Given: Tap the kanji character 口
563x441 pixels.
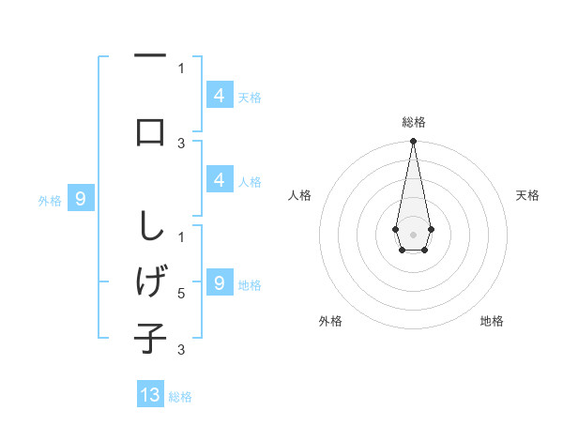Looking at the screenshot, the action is pos(150,130).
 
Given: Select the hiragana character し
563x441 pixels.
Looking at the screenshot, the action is pos(150,226).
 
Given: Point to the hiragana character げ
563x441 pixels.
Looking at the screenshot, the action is pos(150,281).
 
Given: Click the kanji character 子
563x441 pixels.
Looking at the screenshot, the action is pos(150,336).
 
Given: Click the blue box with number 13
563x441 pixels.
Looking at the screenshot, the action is pos(150,395).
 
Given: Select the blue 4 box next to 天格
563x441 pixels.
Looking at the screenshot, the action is pos(219,95).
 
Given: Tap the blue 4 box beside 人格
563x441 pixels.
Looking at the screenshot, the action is pos(219,180).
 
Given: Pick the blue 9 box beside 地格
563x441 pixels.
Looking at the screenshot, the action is pos(219,283).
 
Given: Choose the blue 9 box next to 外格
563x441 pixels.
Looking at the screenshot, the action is pos(81,198).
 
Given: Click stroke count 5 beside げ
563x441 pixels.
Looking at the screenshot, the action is pos(181,294).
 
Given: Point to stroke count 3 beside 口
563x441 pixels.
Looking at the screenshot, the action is pos(181,143).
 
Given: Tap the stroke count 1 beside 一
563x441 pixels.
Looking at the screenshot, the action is pos(181,68).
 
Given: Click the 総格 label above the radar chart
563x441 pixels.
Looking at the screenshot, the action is pos(413,122).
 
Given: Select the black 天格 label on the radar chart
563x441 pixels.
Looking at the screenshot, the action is pos(527,195).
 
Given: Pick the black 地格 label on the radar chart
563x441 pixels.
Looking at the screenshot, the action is pos(492,321).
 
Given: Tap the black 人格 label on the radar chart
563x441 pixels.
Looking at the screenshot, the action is pos(299,195).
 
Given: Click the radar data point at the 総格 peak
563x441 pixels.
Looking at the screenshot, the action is pos(413,141).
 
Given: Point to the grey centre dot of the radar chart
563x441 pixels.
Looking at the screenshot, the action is pos(413,233).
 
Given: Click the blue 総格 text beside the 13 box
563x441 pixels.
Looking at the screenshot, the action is pos(180,397).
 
